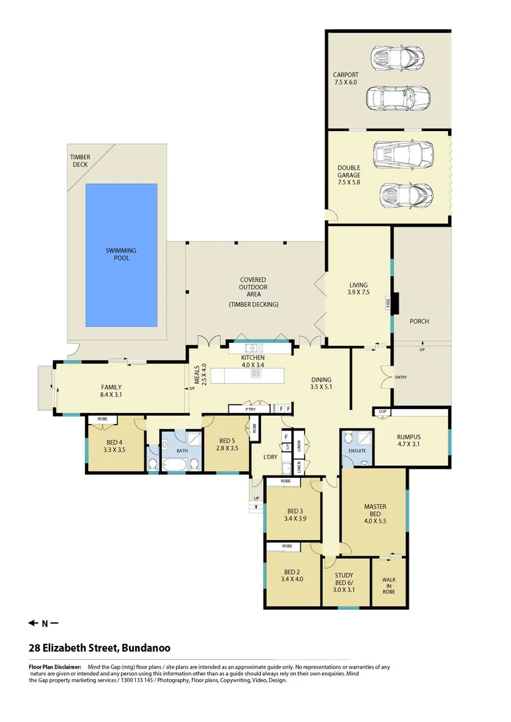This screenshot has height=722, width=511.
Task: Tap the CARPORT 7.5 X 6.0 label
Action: pos(346,78)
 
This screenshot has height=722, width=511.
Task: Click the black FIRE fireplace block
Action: pos(395,304)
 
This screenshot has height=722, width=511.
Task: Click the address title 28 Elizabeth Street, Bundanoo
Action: pos(99,648)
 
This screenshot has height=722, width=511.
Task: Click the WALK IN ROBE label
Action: pos(389,586)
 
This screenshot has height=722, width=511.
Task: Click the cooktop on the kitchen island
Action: pos(255,374)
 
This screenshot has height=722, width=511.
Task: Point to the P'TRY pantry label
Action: pos(251,409)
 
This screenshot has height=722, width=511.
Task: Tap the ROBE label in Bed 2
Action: pos(287,546)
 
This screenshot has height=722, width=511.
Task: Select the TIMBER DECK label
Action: pos(80,160)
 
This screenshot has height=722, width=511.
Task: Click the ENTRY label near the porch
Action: pos(401,378)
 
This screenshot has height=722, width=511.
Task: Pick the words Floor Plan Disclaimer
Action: pos(55,667)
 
